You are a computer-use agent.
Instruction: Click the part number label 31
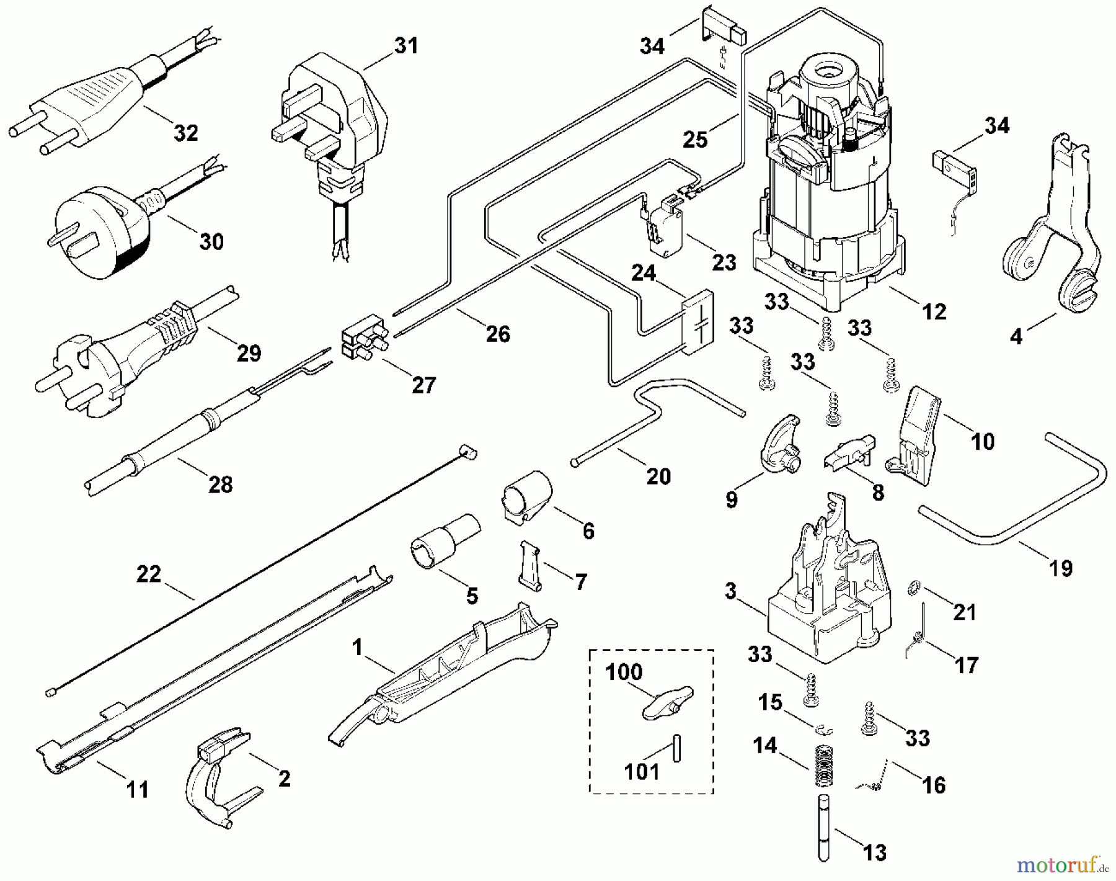pyautogui.click(x=406, y=46)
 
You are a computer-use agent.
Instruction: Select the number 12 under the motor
pyautogui.click(x=934, y=311)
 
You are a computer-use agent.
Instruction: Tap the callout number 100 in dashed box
pyautogui.click(x=624, y=672)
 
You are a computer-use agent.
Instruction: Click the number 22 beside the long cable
pyautogui.click(x=149, y=575)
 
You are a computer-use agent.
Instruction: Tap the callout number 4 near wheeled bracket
pyautogui.click(x=1016, y=337)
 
